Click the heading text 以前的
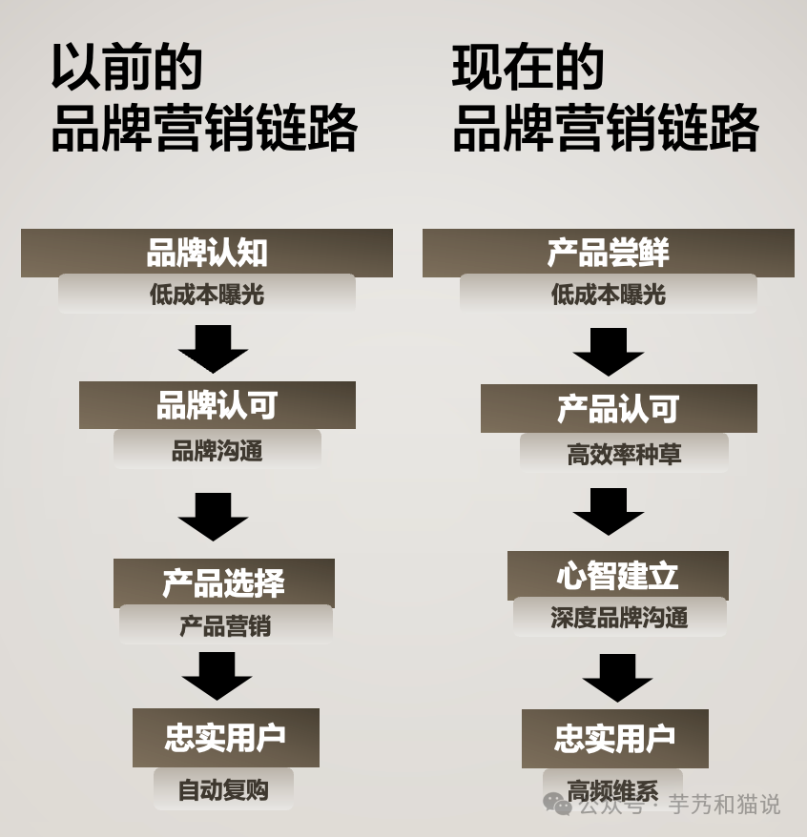pyautogui.click(x=127, y=68)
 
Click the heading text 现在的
pyautogui.click(x=528, y=68)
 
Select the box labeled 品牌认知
pyautogui.click(x=207, y=254)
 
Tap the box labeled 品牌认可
pyautogui.click(x=217, y=406)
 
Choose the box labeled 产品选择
pyautogui.click(x=224, y=582)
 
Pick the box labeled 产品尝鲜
pyautogui.click(x=609, y=254)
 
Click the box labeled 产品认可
pyautogui.click(x=619, y=409)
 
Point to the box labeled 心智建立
pyautogui.click(x=618, y=576)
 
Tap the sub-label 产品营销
pyautogui.click(x=226, y=626)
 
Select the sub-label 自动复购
pyautogui.click(x=223, y=790)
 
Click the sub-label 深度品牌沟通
pyautogui.click(x=619, y=618)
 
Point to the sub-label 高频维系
pyautogui.click(x=612, y=789)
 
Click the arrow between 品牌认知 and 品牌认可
pyautogui.click(x=213, y=348)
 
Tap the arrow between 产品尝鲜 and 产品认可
pyautogui.click(x=609, y=351)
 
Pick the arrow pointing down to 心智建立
pyautogui.click(x=609, y=511)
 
